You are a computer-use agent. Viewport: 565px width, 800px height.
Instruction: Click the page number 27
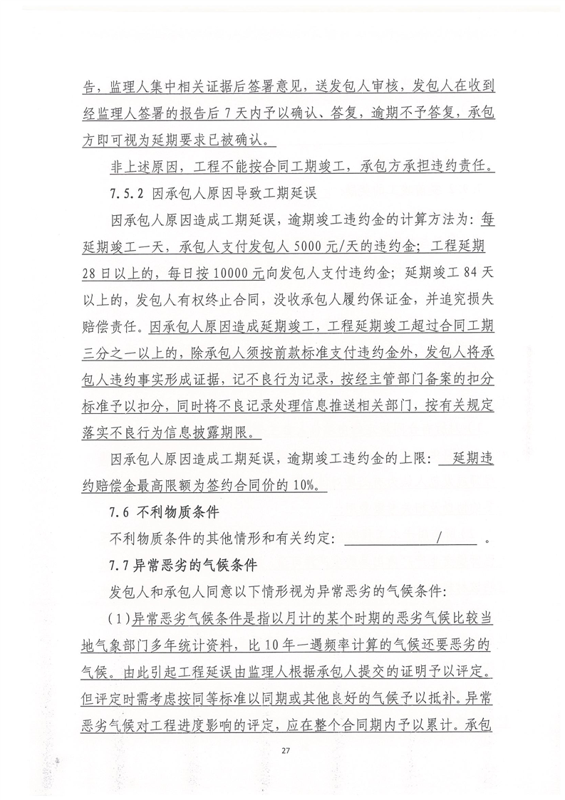285,751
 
